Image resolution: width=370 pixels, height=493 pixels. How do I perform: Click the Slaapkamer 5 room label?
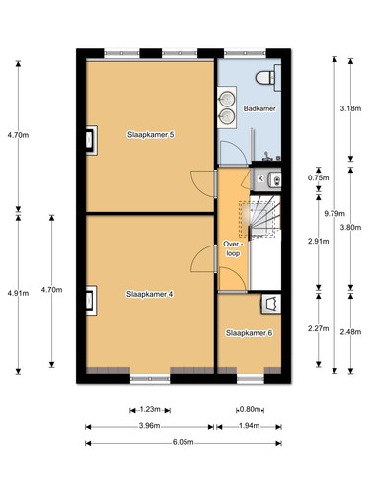coord(151,135)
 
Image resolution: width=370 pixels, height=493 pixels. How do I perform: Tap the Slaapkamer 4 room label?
coord(150,294)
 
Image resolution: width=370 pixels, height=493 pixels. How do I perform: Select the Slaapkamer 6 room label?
coord(249,333)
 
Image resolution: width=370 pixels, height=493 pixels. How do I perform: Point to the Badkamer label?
coord(259,108)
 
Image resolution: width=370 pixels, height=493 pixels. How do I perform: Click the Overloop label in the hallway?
coord(233,248)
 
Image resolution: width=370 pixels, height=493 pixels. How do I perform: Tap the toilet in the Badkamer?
coord(268,78)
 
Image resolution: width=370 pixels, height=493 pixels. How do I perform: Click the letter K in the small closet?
coord(260,178)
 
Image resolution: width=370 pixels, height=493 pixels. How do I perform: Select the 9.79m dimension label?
coord(334,214)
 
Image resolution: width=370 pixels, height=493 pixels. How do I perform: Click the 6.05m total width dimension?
coord(184,442)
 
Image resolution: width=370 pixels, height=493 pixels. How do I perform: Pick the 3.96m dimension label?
coord(150,426)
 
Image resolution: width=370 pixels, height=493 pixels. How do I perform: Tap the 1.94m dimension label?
coord(249,426)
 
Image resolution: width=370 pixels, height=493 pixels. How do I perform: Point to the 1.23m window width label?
coord(150,409)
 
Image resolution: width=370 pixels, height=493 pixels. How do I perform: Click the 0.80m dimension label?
coord(251,409)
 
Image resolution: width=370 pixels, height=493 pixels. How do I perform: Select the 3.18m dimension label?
coord(350,108)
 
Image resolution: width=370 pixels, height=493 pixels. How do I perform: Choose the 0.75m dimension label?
coord(319,178)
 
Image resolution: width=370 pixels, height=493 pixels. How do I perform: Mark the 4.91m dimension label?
coord(18,293)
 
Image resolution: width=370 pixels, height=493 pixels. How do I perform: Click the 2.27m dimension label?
coord(319,328)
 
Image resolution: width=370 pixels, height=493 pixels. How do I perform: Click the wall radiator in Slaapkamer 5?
coord(92,140)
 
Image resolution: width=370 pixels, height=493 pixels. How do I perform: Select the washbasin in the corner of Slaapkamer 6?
coord(271,304)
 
